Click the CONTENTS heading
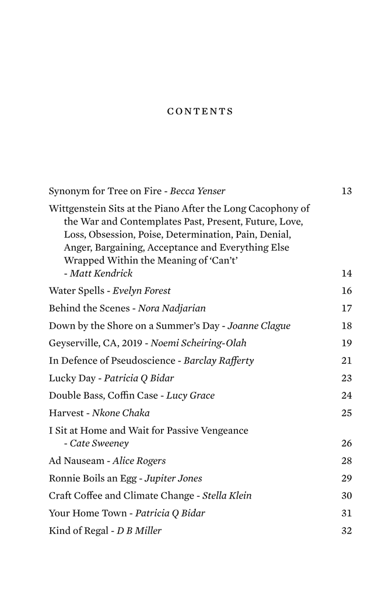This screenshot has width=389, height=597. point(200,111)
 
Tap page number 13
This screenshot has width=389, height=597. point(346,191)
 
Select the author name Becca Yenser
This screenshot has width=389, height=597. point(197,191)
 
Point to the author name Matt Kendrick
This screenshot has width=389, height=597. point(101,273)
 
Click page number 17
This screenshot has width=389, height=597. point(346,308)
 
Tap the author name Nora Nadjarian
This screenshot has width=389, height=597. point(171,308)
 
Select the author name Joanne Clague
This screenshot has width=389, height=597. point(258,326)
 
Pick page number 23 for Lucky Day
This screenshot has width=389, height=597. point(346,378)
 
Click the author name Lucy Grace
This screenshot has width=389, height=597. point(190,396)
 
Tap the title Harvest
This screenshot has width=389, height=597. point(66,413)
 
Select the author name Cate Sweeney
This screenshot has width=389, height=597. point(99,444)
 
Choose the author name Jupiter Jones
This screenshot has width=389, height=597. point(173,479)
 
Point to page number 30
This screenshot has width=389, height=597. point(346,496)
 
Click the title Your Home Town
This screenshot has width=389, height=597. point(88,514)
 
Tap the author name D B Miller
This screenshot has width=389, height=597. point(139,531)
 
